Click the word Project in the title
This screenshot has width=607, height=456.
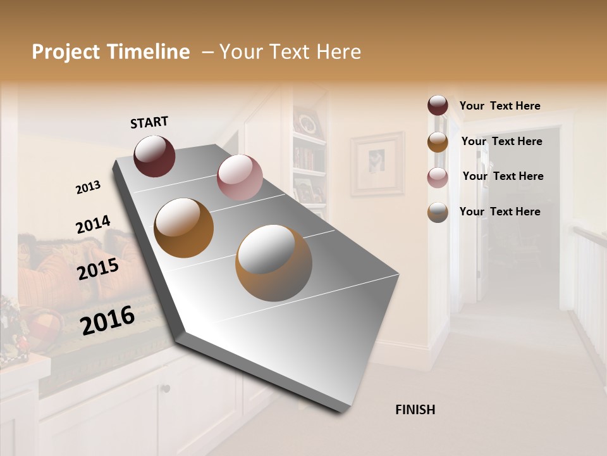pos(64,52)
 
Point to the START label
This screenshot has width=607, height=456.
pos(149,122)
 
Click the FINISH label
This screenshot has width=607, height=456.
pos(415,410)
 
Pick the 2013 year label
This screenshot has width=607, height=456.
pos(88,187)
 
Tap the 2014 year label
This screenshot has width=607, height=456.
pos(93,225)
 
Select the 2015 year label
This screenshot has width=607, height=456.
pos(97,269)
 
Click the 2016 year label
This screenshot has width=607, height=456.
pos(107,320)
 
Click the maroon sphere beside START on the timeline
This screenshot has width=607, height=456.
pos(154,156)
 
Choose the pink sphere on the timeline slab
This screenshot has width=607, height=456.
pos(240,177)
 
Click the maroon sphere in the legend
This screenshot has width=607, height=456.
pos(438,106)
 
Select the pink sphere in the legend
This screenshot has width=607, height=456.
pos(438,177)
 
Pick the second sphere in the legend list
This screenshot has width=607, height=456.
pos(438,142)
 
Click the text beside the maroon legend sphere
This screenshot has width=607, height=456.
pos(500,106)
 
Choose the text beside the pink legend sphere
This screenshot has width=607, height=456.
pos(503,176)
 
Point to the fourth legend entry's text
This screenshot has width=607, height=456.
pos(500,212)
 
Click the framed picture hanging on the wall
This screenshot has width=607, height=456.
pos(377,163)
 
